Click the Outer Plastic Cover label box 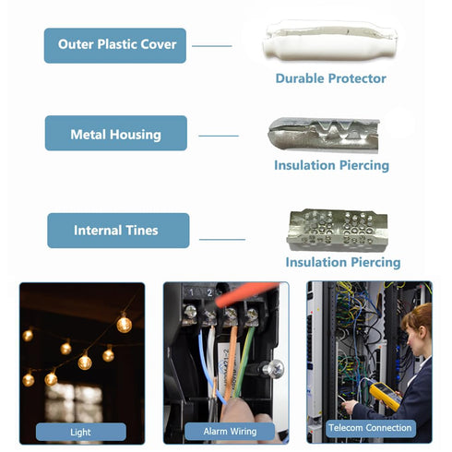click(115, 45)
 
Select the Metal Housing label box click(116, 133)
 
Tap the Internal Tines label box click(118, 231)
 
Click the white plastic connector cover click(330, 41)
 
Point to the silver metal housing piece click(324, 135)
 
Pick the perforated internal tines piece click(338, 230)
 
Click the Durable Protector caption click(331, 78)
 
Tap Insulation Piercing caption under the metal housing click(331, 165)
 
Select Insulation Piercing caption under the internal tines click(343, 262)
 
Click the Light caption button click(81, 432)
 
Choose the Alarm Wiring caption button click(230, 432)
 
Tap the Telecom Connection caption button click(370, 428)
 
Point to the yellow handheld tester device click(385, 397)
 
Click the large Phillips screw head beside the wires click(275, 369)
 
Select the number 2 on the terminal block click(209, 292)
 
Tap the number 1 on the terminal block click(191, 292)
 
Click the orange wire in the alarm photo click(230, 363)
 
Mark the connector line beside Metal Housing click(219, 136)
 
